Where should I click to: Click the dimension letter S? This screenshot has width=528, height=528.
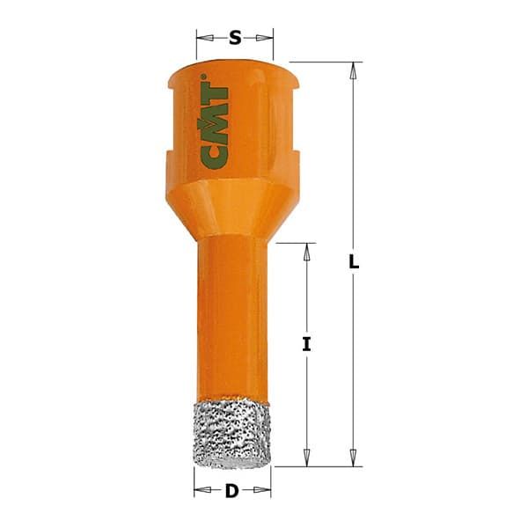235,38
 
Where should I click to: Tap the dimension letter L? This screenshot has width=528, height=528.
353,263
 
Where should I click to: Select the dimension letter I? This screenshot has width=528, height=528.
306,345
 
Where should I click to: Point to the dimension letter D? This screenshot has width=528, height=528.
231,491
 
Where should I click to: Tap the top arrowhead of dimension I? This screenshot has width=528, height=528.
306,250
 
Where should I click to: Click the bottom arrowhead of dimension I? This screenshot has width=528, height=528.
306,458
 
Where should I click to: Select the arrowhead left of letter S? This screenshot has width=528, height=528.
202,38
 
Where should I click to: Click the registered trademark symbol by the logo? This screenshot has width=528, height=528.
204,79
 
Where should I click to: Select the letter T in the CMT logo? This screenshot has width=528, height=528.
214,94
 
